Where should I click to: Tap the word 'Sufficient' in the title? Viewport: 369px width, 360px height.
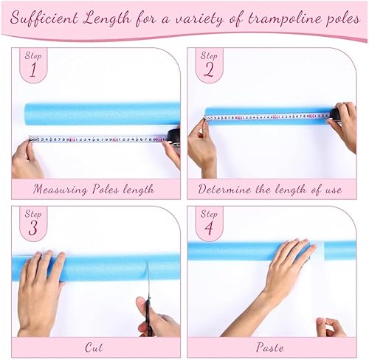44,18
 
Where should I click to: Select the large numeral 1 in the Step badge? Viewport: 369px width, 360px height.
33,70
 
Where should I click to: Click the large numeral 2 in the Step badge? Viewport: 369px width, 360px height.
209,70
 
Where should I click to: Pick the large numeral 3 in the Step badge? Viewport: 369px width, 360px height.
33,228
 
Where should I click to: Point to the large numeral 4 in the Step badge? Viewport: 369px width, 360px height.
209,228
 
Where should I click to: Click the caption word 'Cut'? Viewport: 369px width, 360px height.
94,347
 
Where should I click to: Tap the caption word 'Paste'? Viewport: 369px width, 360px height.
269,347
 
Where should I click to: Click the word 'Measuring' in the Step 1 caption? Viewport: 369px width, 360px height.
60,190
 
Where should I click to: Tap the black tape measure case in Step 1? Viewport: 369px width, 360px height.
173,137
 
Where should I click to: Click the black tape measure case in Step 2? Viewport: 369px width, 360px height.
336,114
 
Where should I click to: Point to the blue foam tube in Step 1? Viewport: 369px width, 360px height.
102,114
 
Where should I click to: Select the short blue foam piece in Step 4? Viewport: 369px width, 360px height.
340,250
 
